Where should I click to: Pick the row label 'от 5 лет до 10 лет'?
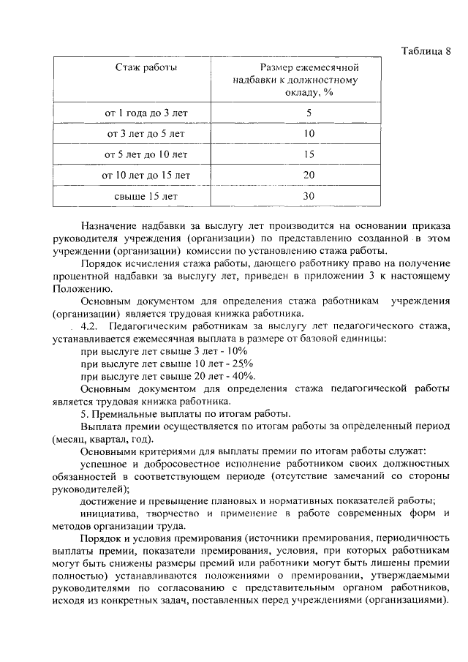pos(146,154)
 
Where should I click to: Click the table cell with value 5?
pos(309,113)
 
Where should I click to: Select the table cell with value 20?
pos(309,176)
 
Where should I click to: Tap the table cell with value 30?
pos(309,196)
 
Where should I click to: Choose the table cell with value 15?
pos(309,154)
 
